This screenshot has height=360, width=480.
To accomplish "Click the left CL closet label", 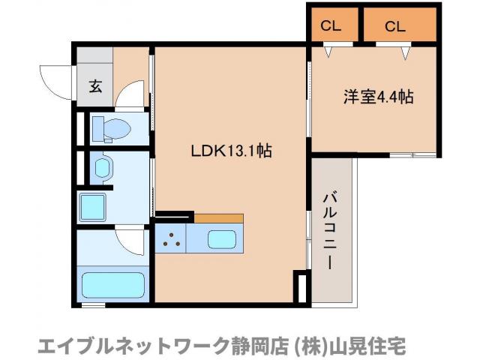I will pyautogui.click(x=331, y=26).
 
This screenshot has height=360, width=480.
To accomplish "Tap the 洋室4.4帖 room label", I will pyautogui.click(x=379, y=97).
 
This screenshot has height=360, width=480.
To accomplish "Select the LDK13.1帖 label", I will pyautogui.click(x=230, y=151).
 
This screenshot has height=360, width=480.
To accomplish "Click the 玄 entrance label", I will pyautogui.click(x=96, y=85).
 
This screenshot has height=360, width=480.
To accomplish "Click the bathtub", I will pyautogui.click(x=112, y=286).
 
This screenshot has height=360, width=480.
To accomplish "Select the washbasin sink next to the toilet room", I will pyautogui.click(x=101, y=166).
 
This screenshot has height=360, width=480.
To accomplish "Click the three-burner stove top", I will pyautogui.click(x=171, y=241).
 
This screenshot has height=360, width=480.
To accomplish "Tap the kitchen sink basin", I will pyautogui.click(x=222, y=241).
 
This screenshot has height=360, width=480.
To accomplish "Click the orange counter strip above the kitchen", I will pyautogui.click(x=218, y=218).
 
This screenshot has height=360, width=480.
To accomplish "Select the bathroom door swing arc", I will pyautogui.click(x=131, y=240).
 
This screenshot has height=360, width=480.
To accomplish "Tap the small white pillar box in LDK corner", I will pyautogui.click(x=301, y=289).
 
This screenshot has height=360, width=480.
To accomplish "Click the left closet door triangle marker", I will pyautogui.click(x=329, y=52).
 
